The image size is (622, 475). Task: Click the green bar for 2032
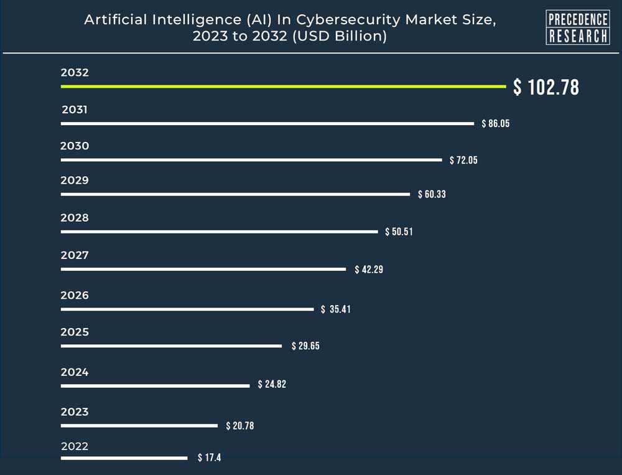[x=283, y=87]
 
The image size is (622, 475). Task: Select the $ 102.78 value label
[x=546, y=87]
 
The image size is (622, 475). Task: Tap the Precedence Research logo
[x=577, y=27]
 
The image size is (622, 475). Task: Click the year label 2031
[x=75, y=110]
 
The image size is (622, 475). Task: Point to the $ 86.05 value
[x=496, y=123]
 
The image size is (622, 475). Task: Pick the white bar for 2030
[x=251, y=160]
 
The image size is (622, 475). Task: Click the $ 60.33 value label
[x=432, y=194]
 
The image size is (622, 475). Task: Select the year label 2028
[x=75, y=218]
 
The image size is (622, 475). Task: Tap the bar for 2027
[x=203, y=269]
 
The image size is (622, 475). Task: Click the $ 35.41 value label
[x=336, y=309]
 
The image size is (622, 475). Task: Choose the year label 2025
[x=75, y=332]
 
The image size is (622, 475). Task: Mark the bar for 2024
[x=155, y=386]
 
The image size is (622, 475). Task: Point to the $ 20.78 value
[x=239, y=426]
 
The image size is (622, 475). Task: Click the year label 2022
[x=75, y=446]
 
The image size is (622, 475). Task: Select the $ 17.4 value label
[x=210, y=458]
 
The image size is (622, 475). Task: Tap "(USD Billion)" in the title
[x=341, y=37]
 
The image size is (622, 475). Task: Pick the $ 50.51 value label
[x=399, y=232]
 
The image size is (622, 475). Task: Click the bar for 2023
[x=139, y=426]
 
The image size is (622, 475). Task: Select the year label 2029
[x=75, y=181]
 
